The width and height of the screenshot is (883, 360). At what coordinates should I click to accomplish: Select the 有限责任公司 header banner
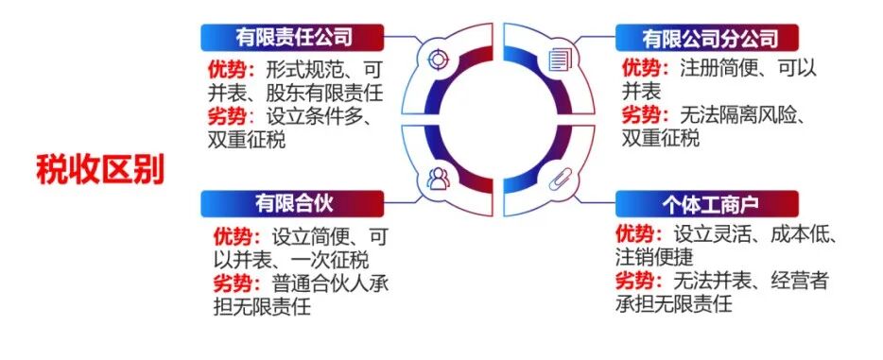click(x=293, y=39)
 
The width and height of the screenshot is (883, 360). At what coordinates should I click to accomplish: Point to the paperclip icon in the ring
click(x=559, y=179)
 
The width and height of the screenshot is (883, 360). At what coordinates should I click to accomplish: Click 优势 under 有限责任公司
click(x=228, y=69)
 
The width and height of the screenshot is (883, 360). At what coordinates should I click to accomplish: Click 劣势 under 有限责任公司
click(x=228, y=116)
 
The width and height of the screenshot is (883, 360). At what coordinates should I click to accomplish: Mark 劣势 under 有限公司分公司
click(x=643, y=116)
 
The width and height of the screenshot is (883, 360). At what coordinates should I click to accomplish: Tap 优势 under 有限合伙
click(x=236, y=234)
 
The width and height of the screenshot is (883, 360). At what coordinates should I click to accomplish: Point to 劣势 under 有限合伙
click(x=236, y=282)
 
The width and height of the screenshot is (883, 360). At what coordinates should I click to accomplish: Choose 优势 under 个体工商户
click(x=637, y=232)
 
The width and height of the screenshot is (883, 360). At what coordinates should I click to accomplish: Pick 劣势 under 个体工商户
click(x=637, y=281)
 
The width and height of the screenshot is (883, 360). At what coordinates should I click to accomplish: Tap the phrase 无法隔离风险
click(x=737, y=116)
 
